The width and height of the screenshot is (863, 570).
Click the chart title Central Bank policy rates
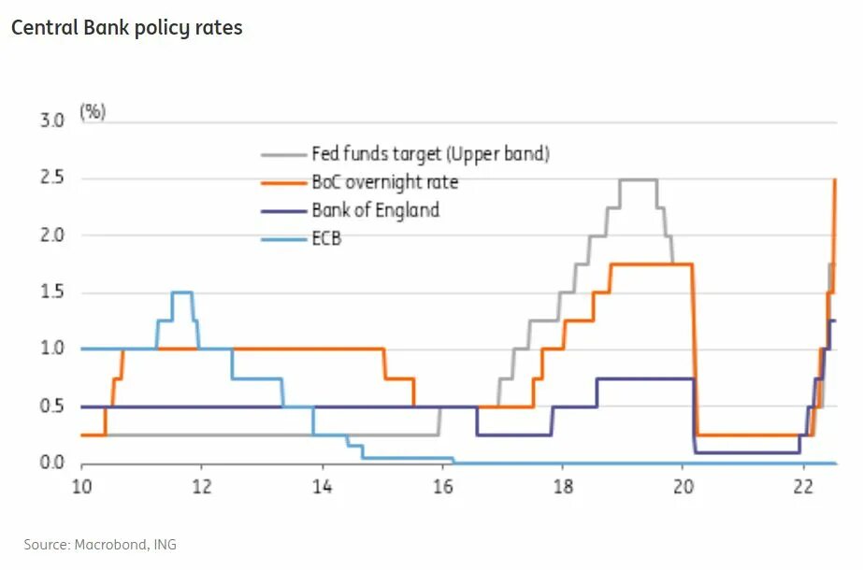tap(126, 28)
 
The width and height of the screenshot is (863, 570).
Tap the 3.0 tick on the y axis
tap(51, 121)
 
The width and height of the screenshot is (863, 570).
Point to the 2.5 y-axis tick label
tap(51, 178)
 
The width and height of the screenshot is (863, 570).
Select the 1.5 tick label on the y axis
tap(51, 292)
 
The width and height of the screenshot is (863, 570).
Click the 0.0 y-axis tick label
tap(51, 463)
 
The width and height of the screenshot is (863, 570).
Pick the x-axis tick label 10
tap(81, 487)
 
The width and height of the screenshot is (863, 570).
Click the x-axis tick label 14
tap(322, 487)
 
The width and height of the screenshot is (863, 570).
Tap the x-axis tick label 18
tap(563, 487)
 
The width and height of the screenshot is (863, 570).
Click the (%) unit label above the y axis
tap(93, 111)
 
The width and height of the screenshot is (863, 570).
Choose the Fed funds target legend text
tap(430, 154)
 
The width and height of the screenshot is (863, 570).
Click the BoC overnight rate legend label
tap(384, 182)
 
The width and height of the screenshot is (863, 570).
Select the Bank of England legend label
tap(375, 210)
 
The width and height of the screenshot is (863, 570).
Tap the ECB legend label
tap(326, 238)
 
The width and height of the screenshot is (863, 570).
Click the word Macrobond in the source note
tap(118, 544)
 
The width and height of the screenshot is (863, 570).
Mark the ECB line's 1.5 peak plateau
tap(181, 292)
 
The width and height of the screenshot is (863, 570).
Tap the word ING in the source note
tap(165, 544)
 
